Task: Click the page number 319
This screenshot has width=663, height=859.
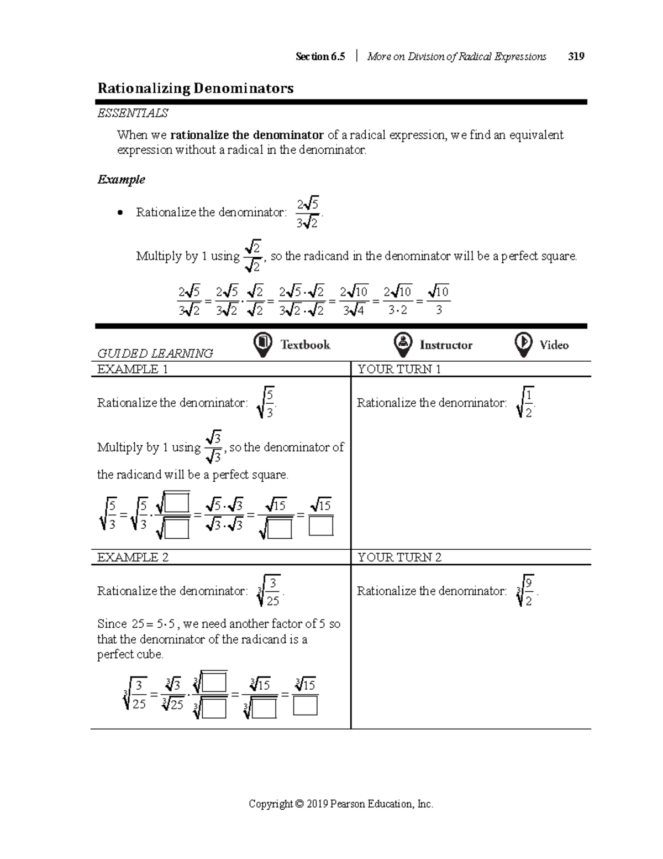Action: tap(576, 56)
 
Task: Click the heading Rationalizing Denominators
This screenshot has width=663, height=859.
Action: tap(196, 88)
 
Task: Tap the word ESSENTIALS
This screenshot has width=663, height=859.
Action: tap(133, 113)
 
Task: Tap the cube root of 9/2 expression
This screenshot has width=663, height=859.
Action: tap(525, 591)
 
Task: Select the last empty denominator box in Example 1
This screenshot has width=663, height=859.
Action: tap(321, 526)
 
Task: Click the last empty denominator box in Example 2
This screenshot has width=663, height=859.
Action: tap(306, 706)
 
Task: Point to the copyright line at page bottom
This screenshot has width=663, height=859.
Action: tap(341, 804)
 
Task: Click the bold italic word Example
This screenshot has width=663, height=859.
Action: tap(121, 180)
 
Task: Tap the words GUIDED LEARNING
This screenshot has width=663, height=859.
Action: tap(155, 353)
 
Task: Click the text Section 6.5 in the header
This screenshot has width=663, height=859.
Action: tap(320, 56)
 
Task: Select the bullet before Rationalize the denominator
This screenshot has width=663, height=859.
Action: tap(120, 213)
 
